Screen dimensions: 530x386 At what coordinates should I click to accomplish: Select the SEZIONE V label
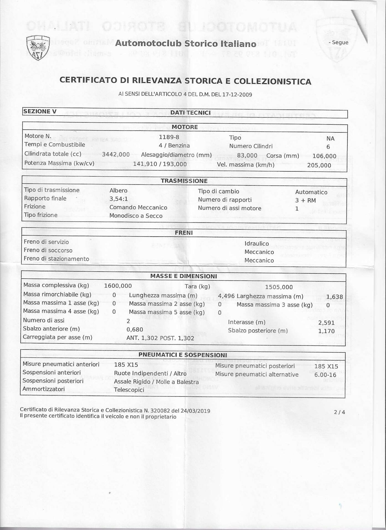[x=40, y=111]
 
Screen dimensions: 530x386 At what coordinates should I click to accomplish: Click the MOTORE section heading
[x=185, y=127]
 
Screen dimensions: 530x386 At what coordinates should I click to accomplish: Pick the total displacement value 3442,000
[x=116, y=155]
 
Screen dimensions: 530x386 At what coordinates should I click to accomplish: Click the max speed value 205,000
[x=319, y=165]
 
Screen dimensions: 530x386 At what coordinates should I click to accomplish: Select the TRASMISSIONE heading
[x=184, y=181]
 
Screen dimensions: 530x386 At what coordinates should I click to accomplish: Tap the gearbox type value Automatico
[x=311, y=192]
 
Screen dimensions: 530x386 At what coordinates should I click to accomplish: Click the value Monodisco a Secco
[x=136, y=216]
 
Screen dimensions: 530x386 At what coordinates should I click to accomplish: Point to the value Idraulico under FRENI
[x=257, y=243]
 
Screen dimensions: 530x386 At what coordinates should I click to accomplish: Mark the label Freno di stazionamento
[x=56, y=259]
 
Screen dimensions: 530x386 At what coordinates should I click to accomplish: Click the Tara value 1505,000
[x=279, y=287]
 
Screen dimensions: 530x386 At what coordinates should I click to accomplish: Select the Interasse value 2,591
[x=326, y=323]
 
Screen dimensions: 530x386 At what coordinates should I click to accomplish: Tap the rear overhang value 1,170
[x=326, y=331]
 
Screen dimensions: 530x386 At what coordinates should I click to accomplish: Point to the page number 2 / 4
[x=340, y=412]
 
